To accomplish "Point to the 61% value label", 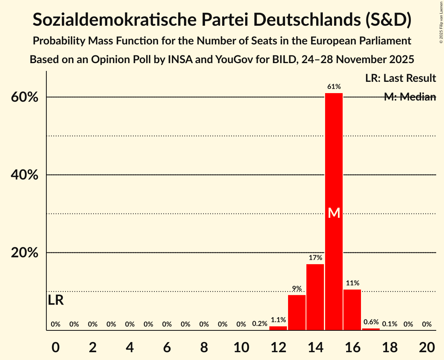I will [x=334, y=87].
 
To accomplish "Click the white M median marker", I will [x=334, y=213].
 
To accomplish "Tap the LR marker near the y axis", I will [x=56, y=300].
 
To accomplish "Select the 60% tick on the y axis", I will [x=25, y=97].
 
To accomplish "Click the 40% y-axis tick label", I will [x=25, y=175].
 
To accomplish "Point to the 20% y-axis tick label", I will [x=25, y=253].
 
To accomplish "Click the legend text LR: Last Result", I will [x=400, y=78].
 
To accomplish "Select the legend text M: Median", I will [x=410, y=97].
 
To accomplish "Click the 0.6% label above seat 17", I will [x=371, y=322].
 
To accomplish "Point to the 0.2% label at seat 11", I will [x=260, y=324].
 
